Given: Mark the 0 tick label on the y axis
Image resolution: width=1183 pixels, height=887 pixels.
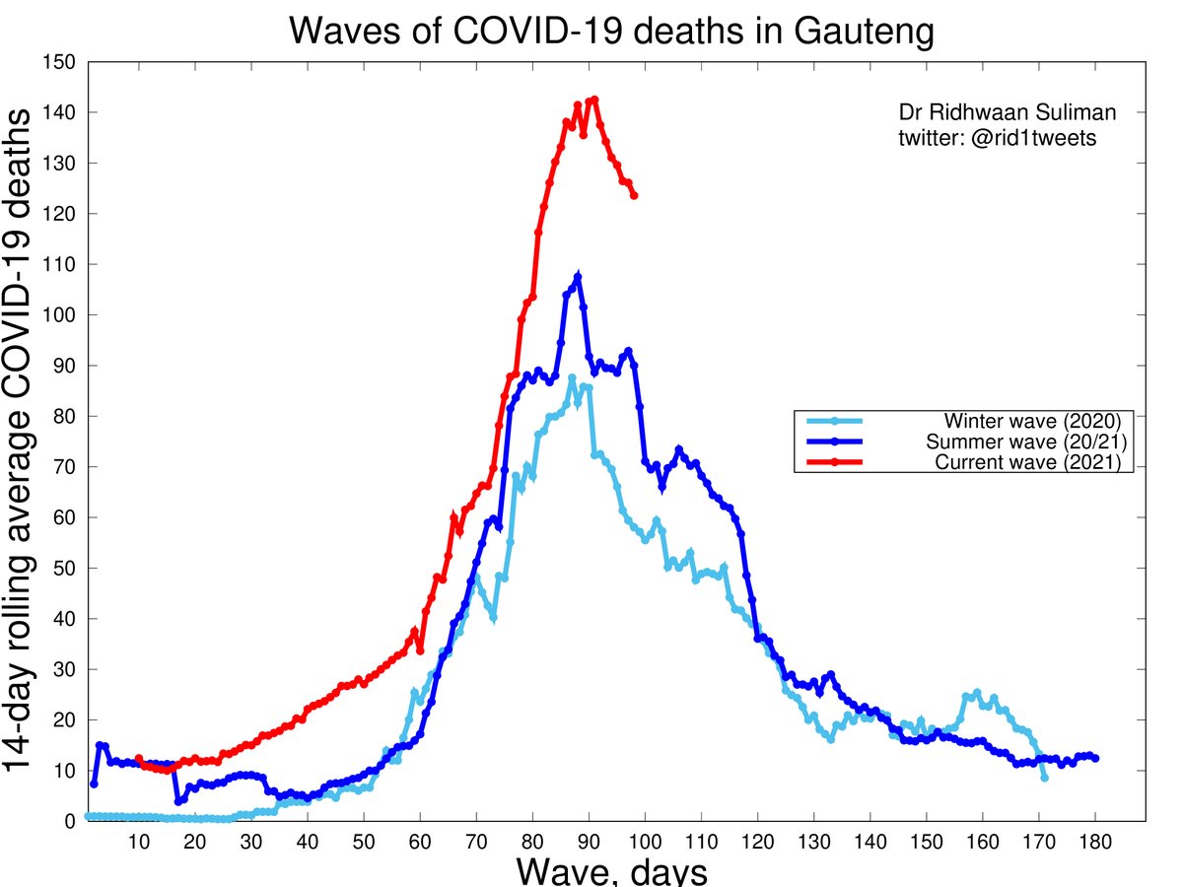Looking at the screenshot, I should pos(72,821).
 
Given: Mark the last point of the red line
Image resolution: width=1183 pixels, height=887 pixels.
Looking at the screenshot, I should pos(634,195).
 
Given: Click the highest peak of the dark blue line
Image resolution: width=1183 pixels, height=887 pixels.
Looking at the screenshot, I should pos(578,278).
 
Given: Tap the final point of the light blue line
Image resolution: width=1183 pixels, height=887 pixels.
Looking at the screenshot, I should pos(1045,779).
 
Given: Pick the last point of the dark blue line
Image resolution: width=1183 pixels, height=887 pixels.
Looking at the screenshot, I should pos(1096,758).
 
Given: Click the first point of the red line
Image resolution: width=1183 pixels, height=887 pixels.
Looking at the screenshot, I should pos(139,758).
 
